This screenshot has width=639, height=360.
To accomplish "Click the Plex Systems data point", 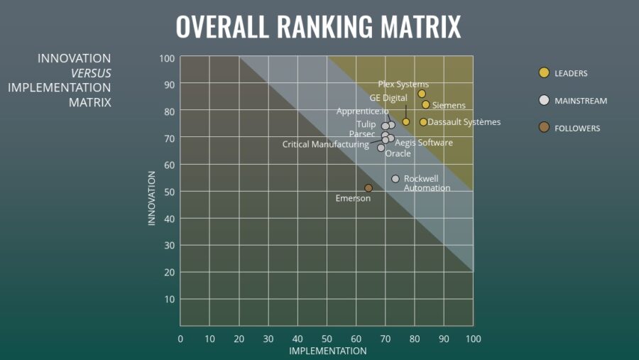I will pos(422,94).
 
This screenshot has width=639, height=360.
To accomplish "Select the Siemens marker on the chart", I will pos(426,104).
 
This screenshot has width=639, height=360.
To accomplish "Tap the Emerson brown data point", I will pos(368,188).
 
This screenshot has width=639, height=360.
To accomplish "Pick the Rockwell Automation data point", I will pos(395,179).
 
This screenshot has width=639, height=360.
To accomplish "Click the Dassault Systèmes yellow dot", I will pos(423,122).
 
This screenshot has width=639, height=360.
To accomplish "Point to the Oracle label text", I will pos(398,153).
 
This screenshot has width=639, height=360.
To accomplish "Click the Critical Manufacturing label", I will pos(325,144).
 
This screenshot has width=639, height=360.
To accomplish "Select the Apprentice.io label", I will pos(362,111).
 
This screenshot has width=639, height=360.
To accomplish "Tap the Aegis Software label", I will pos(424,143).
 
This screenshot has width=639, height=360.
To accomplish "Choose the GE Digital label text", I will pos(388,98).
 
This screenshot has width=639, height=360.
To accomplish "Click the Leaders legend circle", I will pos(544,72).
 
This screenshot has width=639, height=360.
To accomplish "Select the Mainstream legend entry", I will pos(573,101).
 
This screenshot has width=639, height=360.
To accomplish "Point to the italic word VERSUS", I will pos(91,73).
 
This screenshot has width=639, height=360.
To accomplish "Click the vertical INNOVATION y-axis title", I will pos(151,197).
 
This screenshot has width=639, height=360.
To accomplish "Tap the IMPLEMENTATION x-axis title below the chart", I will pos(327,351).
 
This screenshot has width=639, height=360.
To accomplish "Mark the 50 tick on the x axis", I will pos(327,339).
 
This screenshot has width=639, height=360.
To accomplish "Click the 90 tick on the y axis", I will pos(168,84).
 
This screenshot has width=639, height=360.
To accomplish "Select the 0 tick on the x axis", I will pos(180,339).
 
